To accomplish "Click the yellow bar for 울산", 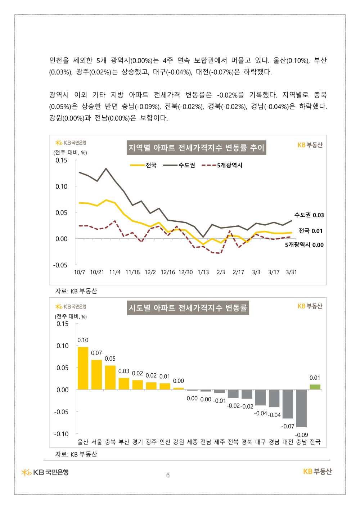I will click(83, 368).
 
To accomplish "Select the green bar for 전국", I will click(315, 387).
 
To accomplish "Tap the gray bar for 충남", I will click(301, 408).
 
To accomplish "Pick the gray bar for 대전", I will click(288, 404).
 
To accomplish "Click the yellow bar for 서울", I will click(96, 375).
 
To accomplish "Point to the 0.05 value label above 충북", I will click(110, 359).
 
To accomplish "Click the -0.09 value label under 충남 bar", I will click(301, 435).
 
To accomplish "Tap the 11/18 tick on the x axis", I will click(132, 272).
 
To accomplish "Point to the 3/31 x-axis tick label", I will click(291, 272).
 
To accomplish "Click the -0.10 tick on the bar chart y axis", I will click(61, 434).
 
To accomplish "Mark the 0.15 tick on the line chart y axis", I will click(61, 161).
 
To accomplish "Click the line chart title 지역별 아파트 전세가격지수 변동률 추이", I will click(197, 148).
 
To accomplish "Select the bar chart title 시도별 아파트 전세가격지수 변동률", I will click(188, 308).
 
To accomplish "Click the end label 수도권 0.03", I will click(309, 215).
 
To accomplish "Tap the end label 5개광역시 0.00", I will click(304, 245).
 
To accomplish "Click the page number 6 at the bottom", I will click(168, 475).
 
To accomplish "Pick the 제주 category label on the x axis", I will click(220, 442).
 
